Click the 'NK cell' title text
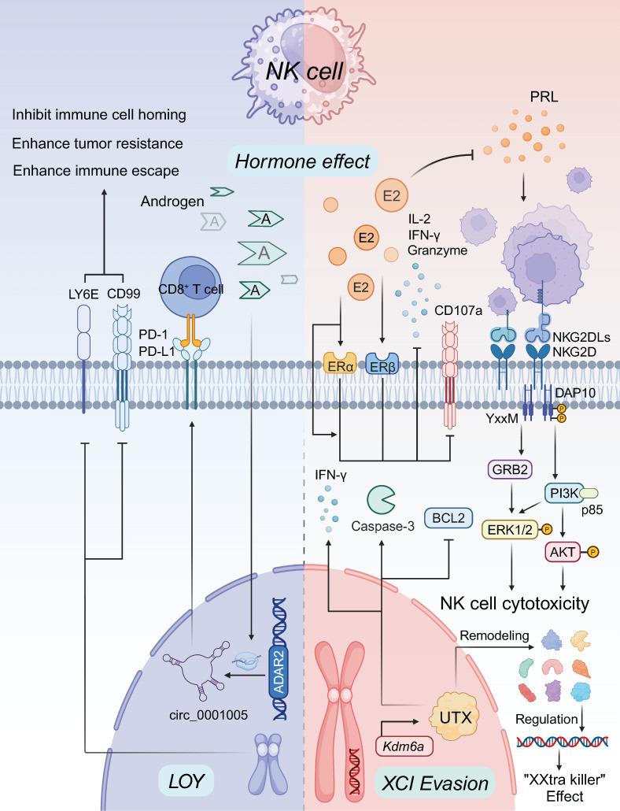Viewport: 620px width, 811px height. click(304, 72)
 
